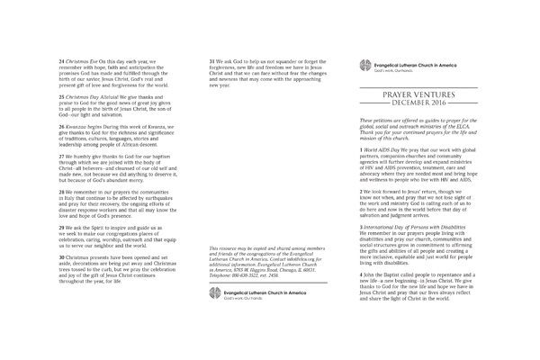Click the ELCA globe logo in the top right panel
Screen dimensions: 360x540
click(364, 65)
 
